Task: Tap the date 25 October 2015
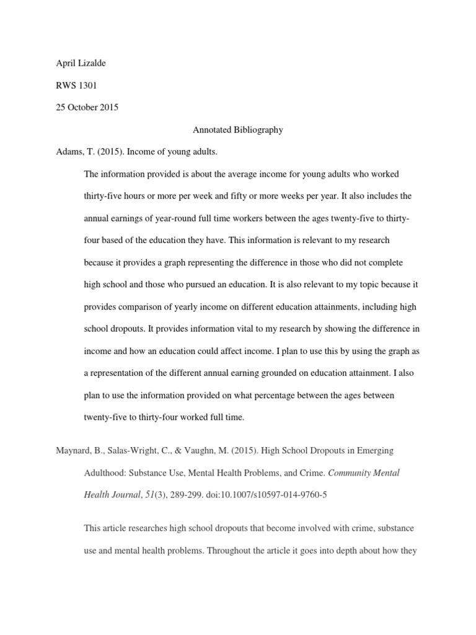[x=87, y=107]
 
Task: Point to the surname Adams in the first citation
[x=69, y=152]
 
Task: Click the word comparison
[x=144, y=307]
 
